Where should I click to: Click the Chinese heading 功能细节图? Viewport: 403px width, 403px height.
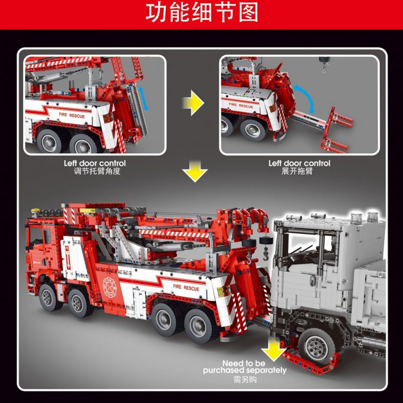pos(201,13)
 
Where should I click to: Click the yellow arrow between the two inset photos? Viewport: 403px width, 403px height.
pos(193,104)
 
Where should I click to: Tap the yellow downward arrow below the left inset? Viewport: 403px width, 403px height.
pos(194,173)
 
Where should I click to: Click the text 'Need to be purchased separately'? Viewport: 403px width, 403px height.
pos(244,367)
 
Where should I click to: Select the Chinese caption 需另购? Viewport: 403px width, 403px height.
pos(245,379)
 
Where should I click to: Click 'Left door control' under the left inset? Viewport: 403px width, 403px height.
pos(95,163)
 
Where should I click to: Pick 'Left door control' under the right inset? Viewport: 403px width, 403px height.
pos(299,163)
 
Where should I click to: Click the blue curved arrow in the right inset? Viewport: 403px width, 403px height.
pos(304,98)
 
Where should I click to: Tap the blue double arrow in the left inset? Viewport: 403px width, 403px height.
pos(144,97)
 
